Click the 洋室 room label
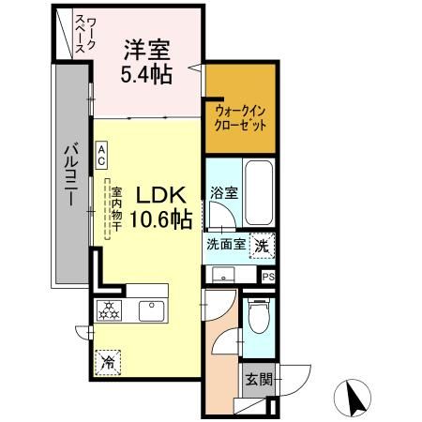146,48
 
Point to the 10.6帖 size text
163,220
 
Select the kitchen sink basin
151,309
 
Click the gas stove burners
110,309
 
